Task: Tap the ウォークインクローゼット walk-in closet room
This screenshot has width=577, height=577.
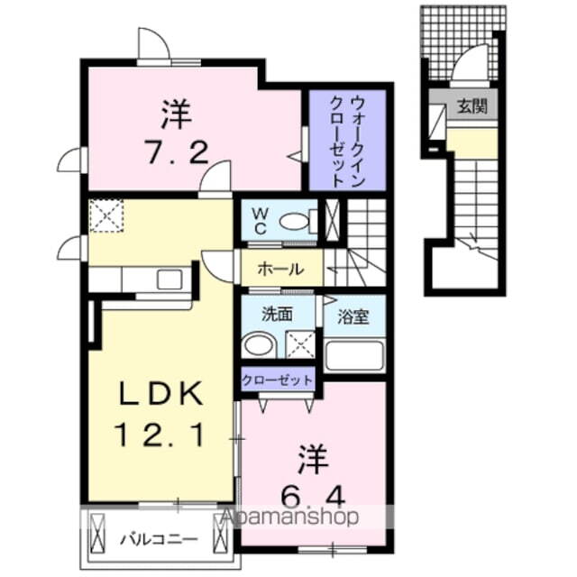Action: point(347,140)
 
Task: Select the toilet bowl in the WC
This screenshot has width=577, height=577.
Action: point(295,220)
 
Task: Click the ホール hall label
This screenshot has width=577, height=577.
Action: point(280,269)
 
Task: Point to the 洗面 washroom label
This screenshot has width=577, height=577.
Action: point(276,316)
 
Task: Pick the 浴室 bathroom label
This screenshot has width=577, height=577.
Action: point(354,317)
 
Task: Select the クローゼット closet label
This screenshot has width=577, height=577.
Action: point(278,379)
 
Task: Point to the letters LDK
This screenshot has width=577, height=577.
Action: point(163,394)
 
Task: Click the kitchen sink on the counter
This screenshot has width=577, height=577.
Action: point(169,279)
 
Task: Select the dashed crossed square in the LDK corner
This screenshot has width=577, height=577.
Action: point(105,215)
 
